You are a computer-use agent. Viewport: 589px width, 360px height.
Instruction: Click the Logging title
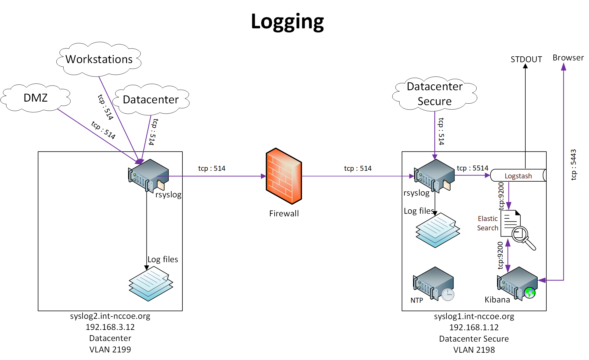[x=287, y=22]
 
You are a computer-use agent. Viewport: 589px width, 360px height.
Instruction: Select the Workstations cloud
[x=99, y=59]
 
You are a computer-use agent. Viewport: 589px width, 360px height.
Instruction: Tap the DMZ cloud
[x=36, y=98]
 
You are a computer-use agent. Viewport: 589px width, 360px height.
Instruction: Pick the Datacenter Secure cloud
[x=435, y=94]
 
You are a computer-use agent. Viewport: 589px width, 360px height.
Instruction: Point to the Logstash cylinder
[x=518, y=176]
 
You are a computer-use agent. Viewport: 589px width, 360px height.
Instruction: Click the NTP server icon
[x=434, y=284]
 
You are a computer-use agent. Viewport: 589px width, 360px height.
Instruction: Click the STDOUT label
[x=526, y=60]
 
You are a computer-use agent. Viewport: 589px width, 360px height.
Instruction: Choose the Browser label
[x=568, y=58]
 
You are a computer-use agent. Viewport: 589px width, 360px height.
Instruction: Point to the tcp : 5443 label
[x=573, y=165]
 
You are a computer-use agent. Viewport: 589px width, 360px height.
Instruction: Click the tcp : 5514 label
[x=472, y=168]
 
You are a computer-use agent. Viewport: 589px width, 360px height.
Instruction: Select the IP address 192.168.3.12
[x=110, y=327]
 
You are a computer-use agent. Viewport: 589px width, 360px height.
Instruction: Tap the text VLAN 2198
[x=474, y=350]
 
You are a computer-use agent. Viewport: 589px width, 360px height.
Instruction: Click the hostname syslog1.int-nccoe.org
[x=474, y=316]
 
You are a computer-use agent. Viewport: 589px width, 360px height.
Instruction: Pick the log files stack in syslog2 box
[x=151, y=284]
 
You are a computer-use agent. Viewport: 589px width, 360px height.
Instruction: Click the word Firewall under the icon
[x=284, y=214]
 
